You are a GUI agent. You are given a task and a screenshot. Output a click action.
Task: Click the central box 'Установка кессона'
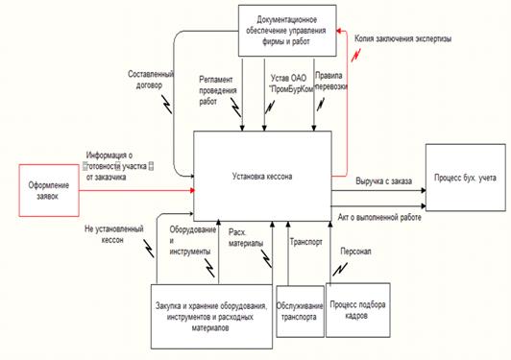pos(262,177)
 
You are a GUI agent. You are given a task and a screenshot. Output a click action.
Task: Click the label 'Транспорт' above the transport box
pos(305,230)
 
